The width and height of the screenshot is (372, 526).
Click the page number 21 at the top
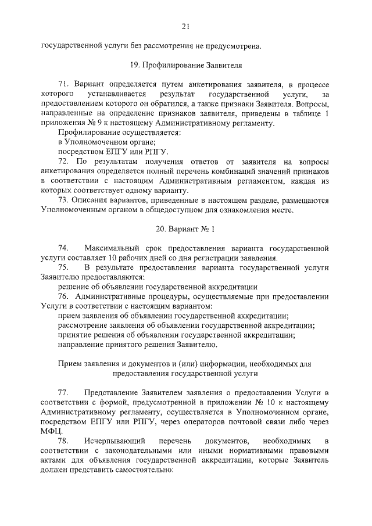pyautogui.click(x=185, y=26)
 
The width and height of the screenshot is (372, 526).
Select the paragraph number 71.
pyautogui.click(x=64, y=84)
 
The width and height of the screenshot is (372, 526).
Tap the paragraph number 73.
pyautogui.click(x=64, y=201)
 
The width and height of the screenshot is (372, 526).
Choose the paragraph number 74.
pyautogui.click(x=64, y=248)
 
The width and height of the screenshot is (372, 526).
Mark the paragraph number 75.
pyautogui.click(x=64, y=267)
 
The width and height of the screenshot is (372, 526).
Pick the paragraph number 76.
pyautogui.click(x=64, y=296)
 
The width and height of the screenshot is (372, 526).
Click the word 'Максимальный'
pyautogui.click(x=114, y=248)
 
